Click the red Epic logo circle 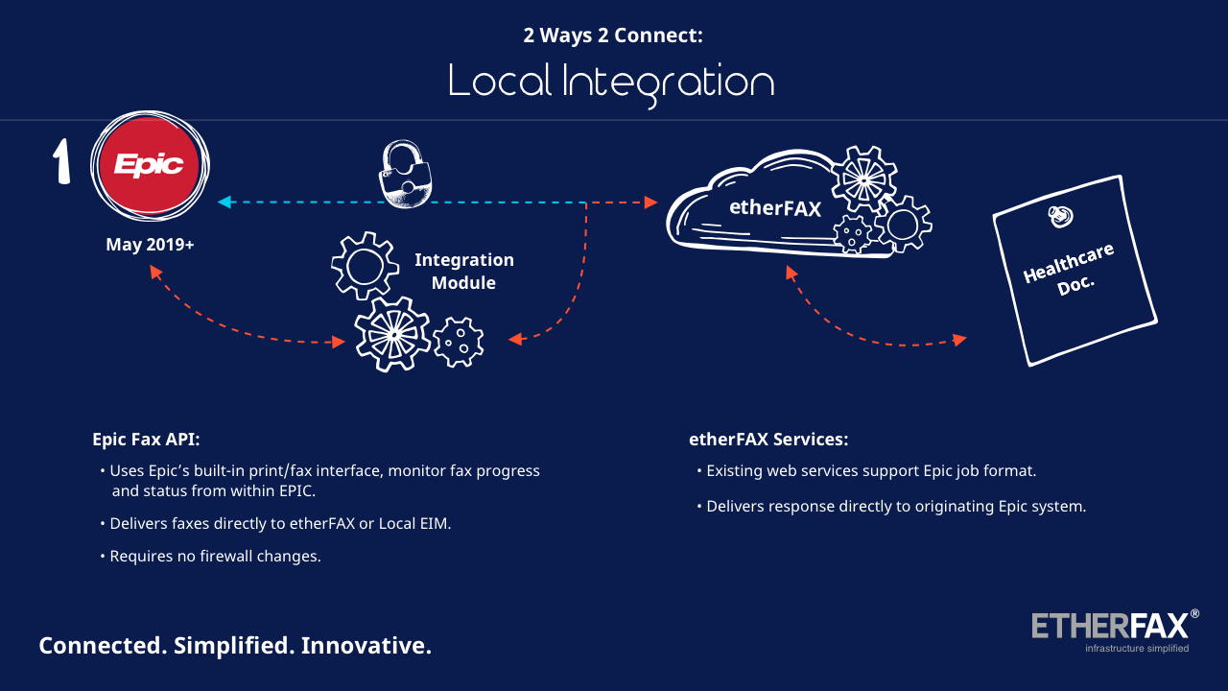pyautogui.click(x=150, y=166)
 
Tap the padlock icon pyautogui.click(x=405, y=175)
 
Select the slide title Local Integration pyautogui.click(x=611, y=83)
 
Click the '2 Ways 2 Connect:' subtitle pyautogui.click(x=613, y=36)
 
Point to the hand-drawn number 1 pyautogui.click(x=61, y=162)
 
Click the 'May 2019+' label pyautogui.click(x=150, y=245)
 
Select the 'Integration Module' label pyautogui.click(x=464, y=272)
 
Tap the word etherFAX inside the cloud pyautogui.click(x=775, y=207)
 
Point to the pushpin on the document pyautogui.click(x=1059, y=218)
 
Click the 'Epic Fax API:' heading pyautogui.click(x=146, y=440)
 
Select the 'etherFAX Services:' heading pyautogui.click(x=768, y=440)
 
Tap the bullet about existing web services pyautogui.click(x=871, y=471)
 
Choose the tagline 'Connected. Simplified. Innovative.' pyautogui.click(x=235, y=645)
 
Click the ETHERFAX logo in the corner pyautogui.click(x=1113, y=625)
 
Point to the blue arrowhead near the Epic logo pyautogui.click(x=224, y=202)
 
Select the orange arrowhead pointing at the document pyautogui.click(x=958, y=340)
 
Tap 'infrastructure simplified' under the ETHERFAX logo pyautogui.click(x=1137, y=649)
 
